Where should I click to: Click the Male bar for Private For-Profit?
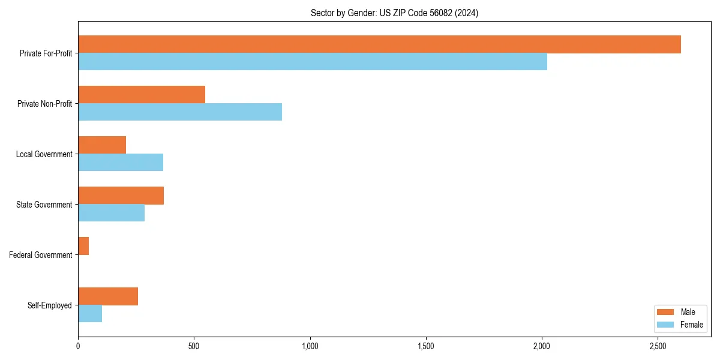(379, 44)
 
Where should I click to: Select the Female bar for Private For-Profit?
(313, 62)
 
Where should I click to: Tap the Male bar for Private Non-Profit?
(142, 95)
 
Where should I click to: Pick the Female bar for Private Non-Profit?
(180, 112)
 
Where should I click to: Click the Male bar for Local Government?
(102, 145)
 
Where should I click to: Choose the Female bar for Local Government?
(121, 163)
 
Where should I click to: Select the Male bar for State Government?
(121, 196)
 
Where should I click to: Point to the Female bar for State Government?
(111, 213)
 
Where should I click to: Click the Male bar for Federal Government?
(83, 246)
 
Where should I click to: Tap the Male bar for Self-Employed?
(108, 296)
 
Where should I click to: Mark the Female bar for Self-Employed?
(90, 314)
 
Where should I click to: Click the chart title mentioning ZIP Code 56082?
(394, 13)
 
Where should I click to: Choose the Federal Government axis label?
(41, 255)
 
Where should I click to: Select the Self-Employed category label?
(50, 305)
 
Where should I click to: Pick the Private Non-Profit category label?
(46, 104)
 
